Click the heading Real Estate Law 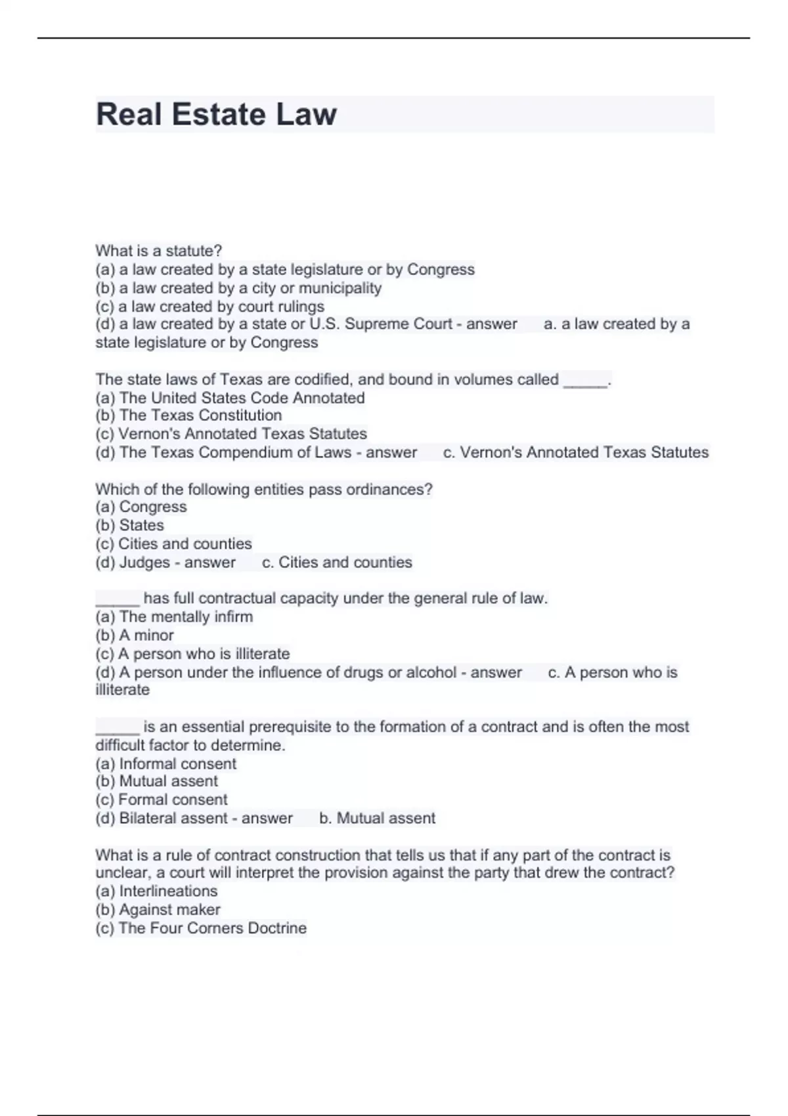click(x=216, y=114)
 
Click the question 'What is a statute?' click(x=158, y=251)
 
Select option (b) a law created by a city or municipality click(x=238, y=288)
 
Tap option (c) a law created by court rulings click(x=209, y=307)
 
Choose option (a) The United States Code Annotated click(x=230, y=398)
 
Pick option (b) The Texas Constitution click(x=188, y=416)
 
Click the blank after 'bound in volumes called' click(x=586, y=381)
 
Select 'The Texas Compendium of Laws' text click(x=235, y=453)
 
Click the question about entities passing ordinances click(x=263, y=490)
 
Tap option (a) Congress click(x=141, y=507)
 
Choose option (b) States click(x=129, y=525)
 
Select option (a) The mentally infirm click(x=174, y=617)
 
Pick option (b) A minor click(x=135, y=635)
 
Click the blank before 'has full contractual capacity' click(x=118, y=599)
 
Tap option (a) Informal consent click(x=165, y=764)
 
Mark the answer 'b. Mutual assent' click(x=377, y=819)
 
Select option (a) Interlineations click(x=156, y=891)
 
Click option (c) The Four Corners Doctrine click(x=201, y=928)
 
